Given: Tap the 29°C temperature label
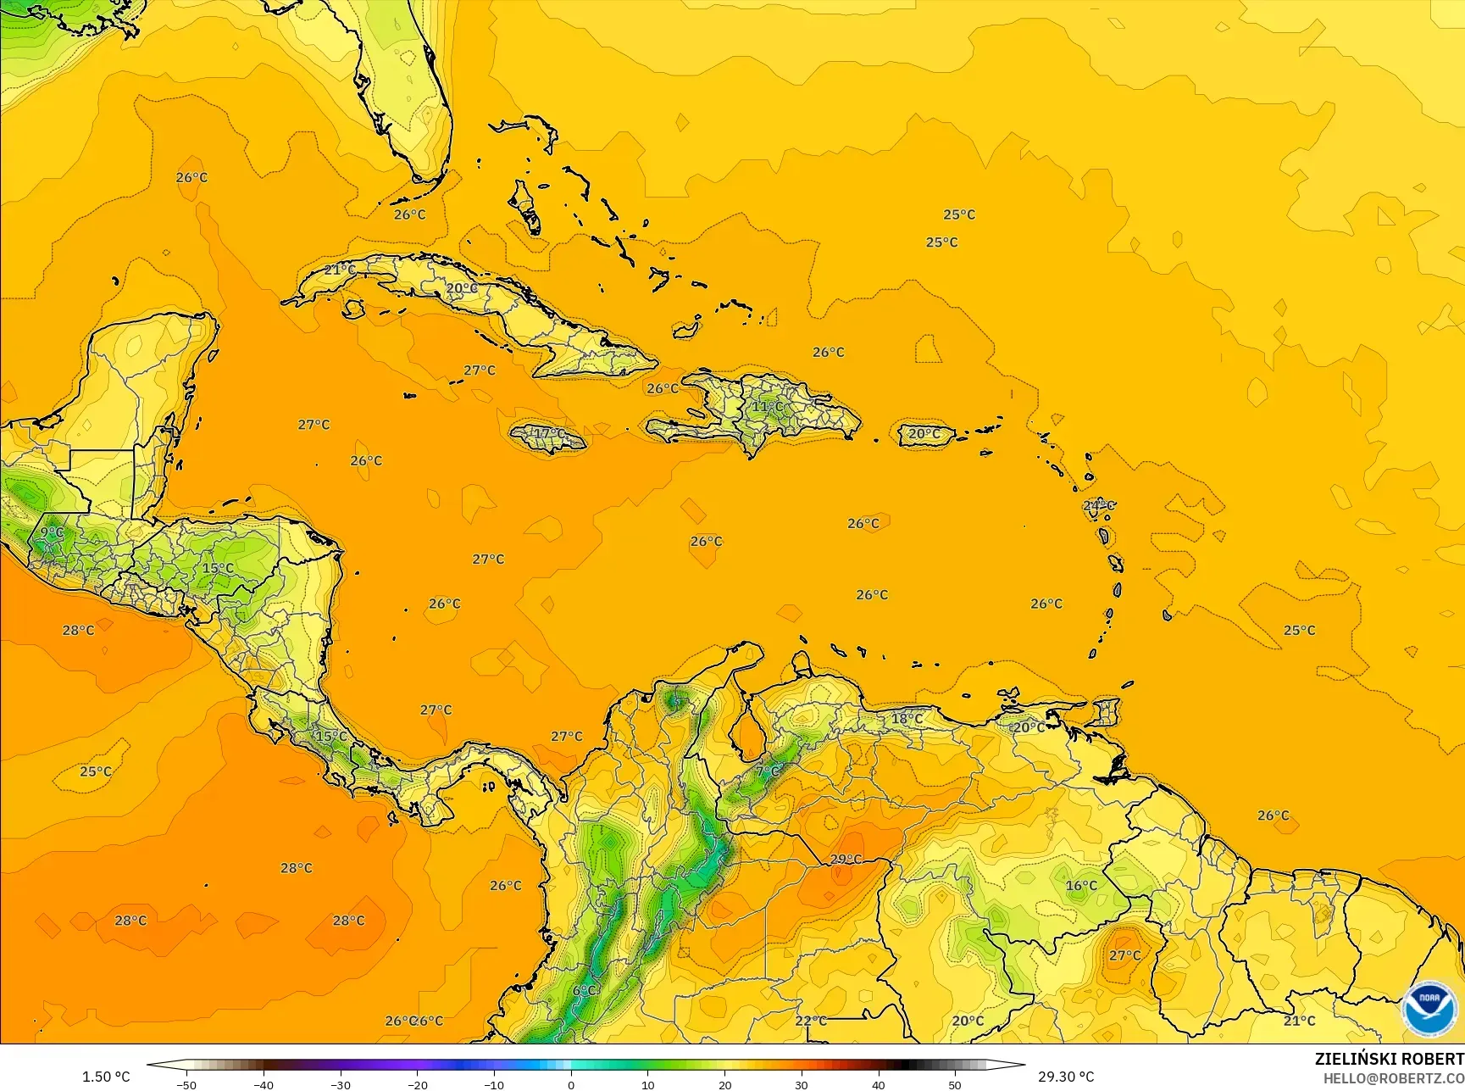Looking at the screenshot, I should (845, 859).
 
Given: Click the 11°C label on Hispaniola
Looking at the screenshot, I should (768, 406).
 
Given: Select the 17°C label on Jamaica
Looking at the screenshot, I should (549, 434).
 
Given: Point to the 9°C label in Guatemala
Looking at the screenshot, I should (52, 532).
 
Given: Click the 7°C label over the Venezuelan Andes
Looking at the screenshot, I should (768, 771).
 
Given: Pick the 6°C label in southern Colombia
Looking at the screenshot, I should (584, 990).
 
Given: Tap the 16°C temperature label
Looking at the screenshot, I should (1081, 885).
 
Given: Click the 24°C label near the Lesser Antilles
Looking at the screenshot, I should (1098, 505).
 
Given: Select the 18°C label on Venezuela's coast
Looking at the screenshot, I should (907, 718).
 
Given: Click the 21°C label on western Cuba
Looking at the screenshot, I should (340, 270).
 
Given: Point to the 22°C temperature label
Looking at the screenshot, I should (811, 1020).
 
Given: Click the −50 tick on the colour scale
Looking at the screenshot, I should (187, 1084).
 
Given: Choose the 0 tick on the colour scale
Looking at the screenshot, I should (571, 1084).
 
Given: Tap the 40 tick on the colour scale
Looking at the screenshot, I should (878, 1084).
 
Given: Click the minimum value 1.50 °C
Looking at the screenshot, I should (106, 1077).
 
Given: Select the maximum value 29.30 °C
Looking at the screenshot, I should (1066, 1077).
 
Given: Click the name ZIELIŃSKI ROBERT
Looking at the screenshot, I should (1389, 1059).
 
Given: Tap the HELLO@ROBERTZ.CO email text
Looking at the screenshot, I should (1394, 1077).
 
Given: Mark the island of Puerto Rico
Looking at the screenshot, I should (924, 434).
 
